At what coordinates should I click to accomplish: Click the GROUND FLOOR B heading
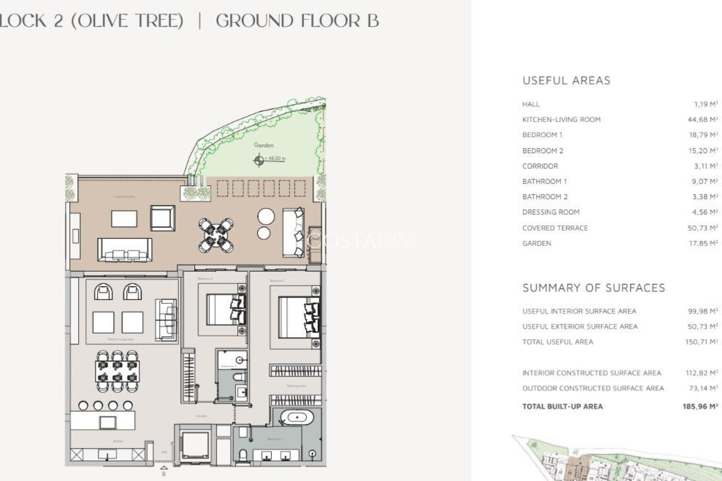tap(297, 21)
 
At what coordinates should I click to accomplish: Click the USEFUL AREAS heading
tap(566, 80)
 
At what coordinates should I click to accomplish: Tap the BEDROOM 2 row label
tap(543, 151)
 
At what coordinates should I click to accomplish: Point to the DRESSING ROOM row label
tap(551, 212)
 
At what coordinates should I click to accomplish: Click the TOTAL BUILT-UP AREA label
tap(562, 406)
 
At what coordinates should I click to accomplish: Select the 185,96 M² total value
tap(700, 406)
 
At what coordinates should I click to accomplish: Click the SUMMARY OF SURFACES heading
tap(594, 288)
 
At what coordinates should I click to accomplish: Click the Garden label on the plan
tap(264, 145)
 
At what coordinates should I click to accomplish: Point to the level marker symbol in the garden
tap(259, 160)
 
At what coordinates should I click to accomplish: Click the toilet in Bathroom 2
tap(239, 377)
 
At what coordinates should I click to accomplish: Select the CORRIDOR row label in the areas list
tap(540, 166)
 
